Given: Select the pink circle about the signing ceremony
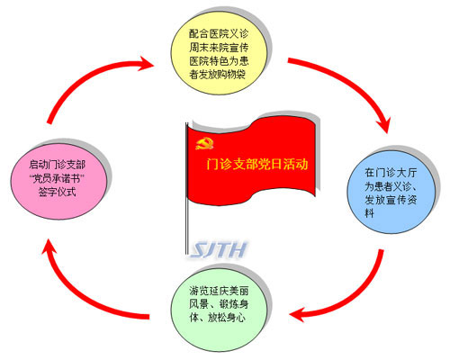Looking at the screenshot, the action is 58,179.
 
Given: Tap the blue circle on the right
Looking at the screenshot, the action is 391,193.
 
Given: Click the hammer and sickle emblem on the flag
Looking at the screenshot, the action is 204,143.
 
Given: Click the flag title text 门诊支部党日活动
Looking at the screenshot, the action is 257,164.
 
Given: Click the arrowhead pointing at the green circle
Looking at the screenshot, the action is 298,314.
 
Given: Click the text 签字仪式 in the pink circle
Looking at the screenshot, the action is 57,192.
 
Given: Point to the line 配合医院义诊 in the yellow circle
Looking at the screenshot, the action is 219,33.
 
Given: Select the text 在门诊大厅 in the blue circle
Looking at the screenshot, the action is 391,173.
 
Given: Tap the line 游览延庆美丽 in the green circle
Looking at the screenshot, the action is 219,291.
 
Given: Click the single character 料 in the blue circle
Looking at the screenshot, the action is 370,213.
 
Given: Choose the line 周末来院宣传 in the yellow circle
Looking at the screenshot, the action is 219,48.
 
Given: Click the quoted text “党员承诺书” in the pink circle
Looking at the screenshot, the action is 57,178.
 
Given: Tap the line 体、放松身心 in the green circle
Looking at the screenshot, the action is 218,318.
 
